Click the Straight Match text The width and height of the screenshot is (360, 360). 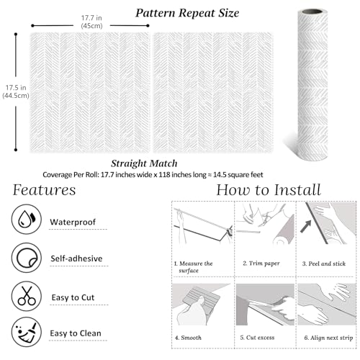pos(145,163)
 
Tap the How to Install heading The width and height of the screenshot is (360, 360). pos(269,190)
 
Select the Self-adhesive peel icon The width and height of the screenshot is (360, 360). pos(27,256)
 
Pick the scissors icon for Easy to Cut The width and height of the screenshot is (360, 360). pos(27,295)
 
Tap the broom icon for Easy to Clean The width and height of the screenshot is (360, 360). pos(27,333)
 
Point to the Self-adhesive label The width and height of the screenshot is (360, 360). pos(76,258)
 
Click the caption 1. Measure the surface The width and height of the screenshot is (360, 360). pos(194,267)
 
